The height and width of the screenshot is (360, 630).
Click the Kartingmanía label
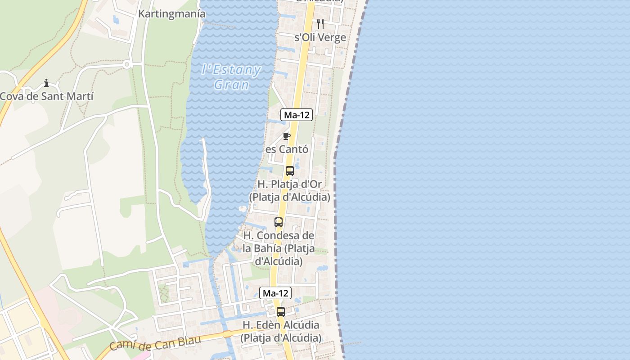171,14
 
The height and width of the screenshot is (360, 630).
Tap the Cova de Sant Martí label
47,96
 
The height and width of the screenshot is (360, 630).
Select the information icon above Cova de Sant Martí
46,83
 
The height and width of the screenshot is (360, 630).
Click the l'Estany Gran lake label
231,77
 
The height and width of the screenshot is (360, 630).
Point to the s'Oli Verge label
320,37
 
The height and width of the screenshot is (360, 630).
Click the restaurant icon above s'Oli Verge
320,23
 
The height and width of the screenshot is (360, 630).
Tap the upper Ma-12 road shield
297,115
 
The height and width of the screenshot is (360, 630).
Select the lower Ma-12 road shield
275,293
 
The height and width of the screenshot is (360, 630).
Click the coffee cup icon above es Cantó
287,136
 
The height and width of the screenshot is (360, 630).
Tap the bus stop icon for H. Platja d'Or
290,171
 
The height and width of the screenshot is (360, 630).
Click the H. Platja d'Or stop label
289,191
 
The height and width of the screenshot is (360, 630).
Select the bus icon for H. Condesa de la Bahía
279,222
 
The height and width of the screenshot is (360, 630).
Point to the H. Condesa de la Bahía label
279,248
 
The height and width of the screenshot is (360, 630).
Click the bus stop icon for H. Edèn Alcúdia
281,311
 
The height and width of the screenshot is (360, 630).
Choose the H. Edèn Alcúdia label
281,331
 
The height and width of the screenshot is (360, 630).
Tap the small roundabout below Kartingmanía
127,65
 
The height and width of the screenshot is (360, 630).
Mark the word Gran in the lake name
231,85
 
